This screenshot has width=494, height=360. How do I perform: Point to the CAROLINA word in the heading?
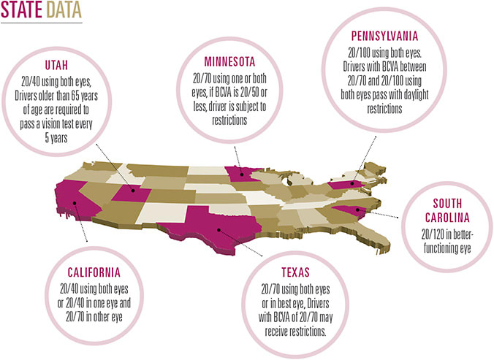coord(448,218)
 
